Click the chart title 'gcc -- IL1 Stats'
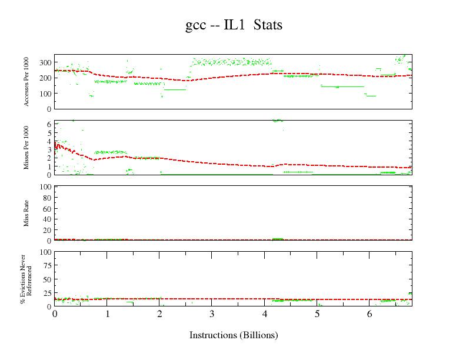click(x=234, y=25)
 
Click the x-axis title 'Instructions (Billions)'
click(x=234, y=335)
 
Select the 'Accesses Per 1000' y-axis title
click(x=27, y=82)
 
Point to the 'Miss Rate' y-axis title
click(x=27, y=214)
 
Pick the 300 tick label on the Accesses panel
click(x=45, y=62)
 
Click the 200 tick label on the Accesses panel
click(x=45, y=78)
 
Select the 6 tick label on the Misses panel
click(x=49, y=125)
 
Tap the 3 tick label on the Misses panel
click(x=49, y=149)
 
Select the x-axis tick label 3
click(x=212, y=314)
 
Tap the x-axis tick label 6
click(x=369, y=314)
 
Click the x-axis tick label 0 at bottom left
click(x=55, y=314)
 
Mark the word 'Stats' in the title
click(x=268, y=25)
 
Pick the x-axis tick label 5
click(x=317, y=314)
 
